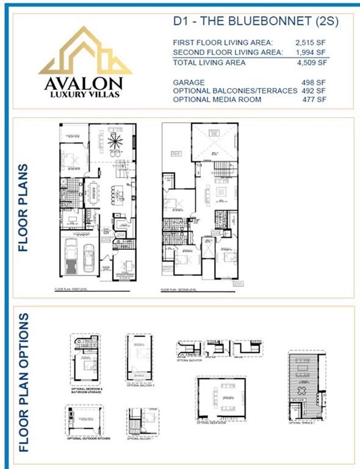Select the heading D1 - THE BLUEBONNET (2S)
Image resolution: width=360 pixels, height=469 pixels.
[255, 21]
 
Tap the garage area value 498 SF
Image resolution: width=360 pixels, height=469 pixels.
[315, 82]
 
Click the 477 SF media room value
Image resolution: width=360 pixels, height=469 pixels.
[315, 100]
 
